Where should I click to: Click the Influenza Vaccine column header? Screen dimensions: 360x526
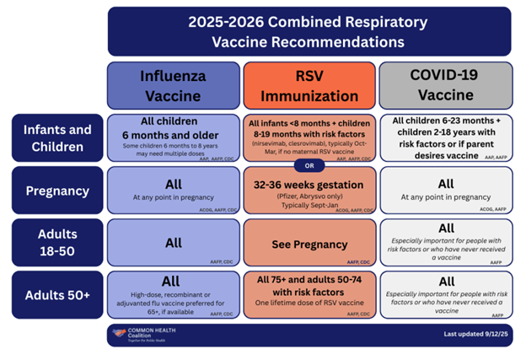coord(174,85)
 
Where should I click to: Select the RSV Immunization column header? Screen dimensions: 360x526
coord(309,85)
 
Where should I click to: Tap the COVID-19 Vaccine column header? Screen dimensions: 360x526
coord(444,85)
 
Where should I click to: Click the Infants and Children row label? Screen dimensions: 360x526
coord(57,137)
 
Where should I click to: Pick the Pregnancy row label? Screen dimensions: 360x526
coord(57,191)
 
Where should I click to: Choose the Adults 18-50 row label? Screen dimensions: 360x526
coord(57,243)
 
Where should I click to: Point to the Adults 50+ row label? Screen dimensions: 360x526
coord(57,295)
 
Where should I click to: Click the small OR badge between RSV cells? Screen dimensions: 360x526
coord(309,164)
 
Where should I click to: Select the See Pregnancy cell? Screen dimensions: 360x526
coord(309,244)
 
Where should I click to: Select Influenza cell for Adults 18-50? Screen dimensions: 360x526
coord(174,243)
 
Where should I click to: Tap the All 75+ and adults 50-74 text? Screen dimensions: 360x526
coord(309,285)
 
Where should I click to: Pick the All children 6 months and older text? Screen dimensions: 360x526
coord(174,128)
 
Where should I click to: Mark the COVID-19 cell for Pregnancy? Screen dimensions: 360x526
coord(444,191)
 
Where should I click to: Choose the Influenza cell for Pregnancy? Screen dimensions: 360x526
coord(174,191)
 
